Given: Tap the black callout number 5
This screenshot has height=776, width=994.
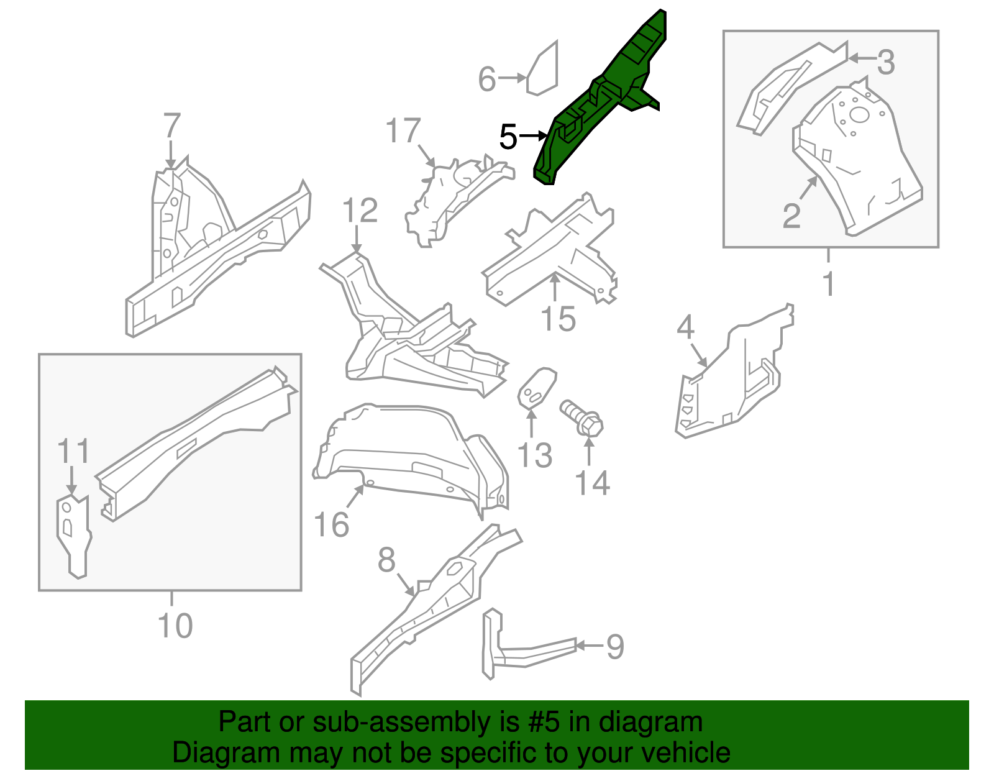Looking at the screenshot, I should pyautogui.click(x=508, y=137).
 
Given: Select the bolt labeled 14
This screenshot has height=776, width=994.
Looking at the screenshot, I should pyautogui.click(x=582, y=418).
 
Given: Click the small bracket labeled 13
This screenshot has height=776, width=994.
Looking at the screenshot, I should pyautogui.click(x=536, y=388).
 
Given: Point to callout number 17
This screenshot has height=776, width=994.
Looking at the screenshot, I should pyautogui.click(x=403, y=131).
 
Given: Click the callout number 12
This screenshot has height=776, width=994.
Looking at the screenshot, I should pyautogui.click(x=360, y=211).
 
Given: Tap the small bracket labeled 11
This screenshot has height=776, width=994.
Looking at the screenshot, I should pyautogui.click(x=74, y=534).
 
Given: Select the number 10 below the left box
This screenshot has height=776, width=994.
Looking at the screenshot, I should pyautogui.click(x=175, y=625).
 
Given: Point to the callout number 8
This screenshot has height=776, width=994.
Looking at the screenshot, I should pyautogui.click(x=386, y=560).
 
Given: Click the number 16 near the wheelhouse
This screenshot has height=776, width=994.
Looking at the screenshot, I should pyautogui.click(x=331, y=525).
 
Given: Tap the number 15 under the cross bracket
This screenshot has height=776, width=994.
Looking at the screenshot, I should pyautogui.click(x=558, y=319).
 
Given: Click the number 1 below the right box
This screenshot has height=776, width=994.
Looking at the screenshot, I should pyautogui.click(x=828, y=284).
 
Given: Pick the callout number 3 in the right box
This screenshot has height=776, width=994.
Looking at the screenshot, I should pyautogui.click(x=886, y=62).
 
